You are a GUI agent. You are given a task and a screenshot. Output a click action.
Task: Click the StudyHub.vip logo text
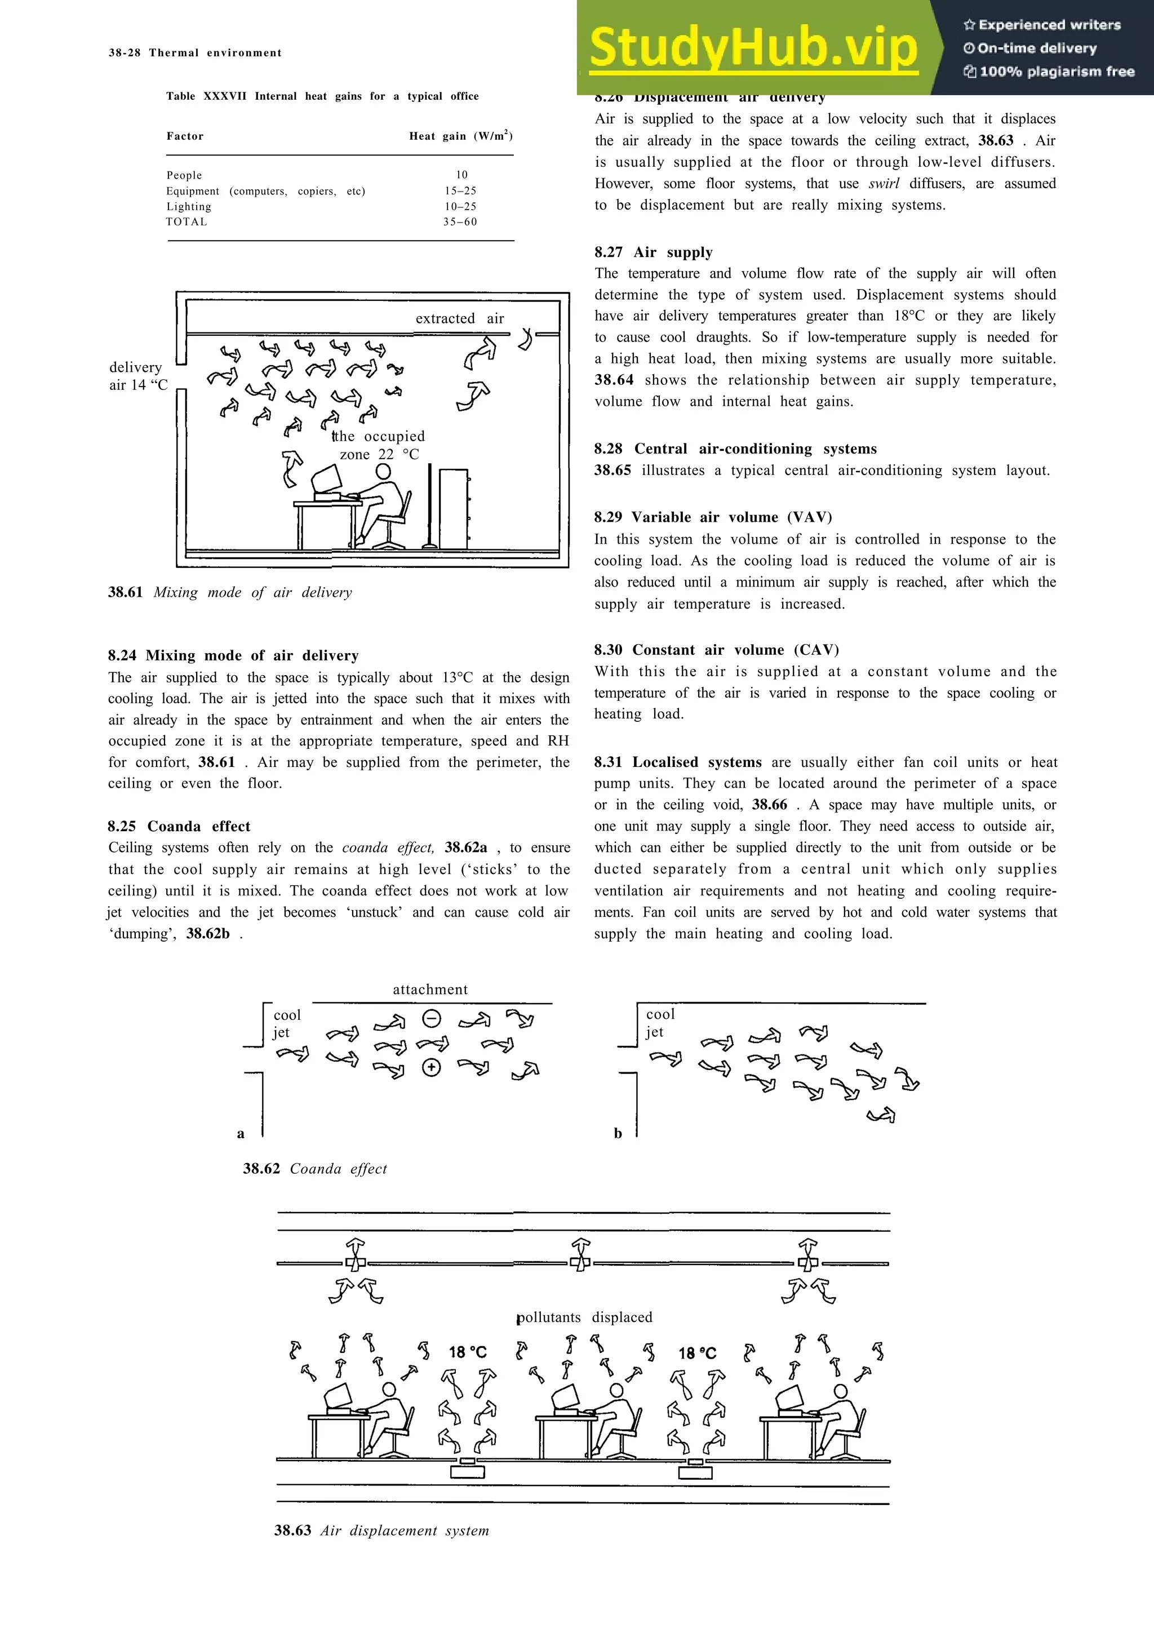pyautogui.click(x=754, y=48)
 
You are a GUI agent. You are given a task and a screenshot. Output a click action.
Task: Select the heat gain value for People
pyautogui.click(x=461, y=175)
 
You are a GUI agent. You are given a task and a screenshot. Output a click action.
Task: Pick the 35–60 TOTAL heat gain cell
pyautogui.click(x=460, y=222)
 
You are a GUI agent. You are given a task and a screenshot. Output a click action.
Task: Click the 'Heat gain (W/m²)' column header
pyautogui.click(x=461, y=136)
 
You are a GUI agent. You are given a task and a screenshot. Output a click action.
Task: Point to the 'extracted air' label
pyautogui.click(x=459, y=318)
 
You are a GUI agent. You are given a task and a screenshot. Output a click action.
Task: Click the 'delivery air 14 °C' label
pyautogui.click(x=138, y=376)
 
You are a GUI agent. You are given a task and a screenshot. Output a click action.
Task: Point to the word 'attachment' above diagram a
pyautogui.click(x=430, y=989)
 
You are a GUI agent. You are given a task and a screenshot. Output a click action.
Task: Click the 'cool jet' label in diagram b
pyautogui.click(x=659, y=1023)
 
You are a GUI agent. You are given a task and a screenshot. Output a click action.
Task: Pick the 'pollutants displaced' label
pyautogui.click(x=584, y=1317)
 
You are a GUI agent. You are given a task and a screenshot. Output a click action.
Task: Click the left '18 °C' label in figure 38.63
pyautogui.click(x=468, y=1352)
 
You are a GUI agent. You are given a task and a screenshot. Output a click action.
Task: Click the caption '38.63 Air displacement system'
pyautogui.click(x=382, y=1530)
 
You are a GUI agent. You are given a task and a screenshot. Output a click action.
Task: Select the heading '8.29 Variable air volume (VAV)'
pyautogui.click(x=713, y=517)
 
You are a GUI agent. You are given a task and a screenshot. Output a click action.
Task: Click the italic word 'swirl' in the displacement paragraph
pyautogui.click(x=884, y=184)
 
